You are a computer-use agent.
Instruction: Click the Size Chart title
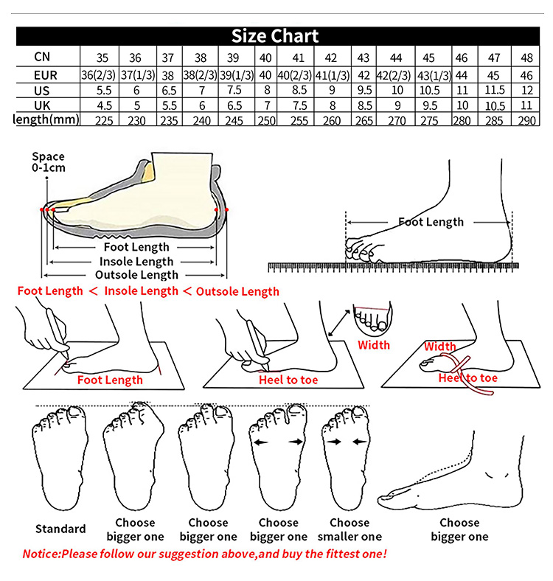click(275, 36)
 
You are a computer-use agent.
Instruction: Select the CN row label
click(42, 57)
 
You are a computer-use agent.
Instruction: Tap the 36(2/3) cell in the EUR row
click(98, 74)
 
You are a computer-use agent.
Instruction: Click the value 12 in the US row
click(526, 90)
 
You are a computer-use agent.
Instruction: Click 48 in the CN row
click(526, 58)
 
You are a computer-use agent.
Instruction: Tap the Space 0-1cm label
click(48, 161)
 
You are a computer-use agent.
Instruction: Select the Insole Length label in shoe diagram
click(136, 261)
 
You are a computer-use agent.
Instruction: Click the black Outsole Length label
click(137, 275)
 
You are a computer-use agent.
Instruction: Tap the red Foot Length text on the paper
click(110, 380)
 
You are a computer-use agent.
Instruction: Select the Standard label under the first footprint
click(60, 529)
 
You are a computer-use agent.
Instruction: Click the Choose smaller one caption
click(349, 529)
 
